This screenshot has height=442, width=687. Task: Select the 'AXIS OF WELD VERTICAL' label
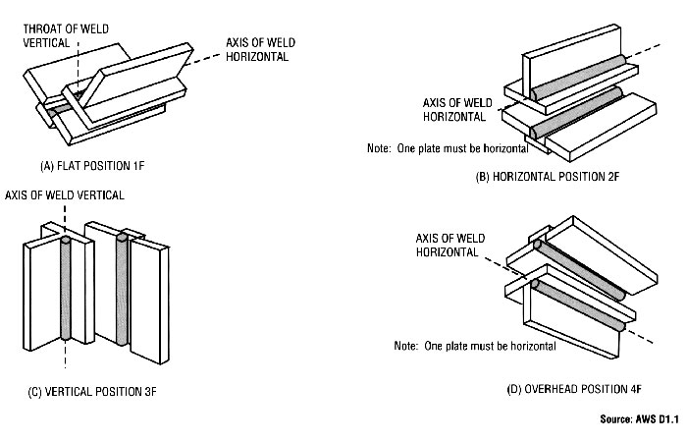point(66,194)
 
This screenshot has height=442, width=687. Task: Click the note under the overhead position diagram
point(475,347)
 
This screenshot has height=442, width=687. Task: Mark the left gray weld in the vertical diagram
point(67,290)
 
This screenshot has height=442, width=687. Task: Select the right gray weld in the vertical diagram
point(123,290)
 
